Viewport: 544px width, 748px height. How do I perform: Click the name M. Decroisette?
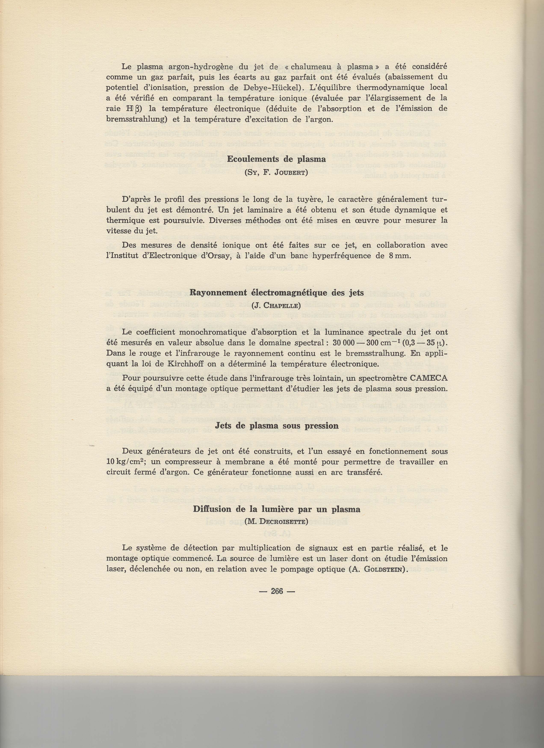point(276,522)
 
